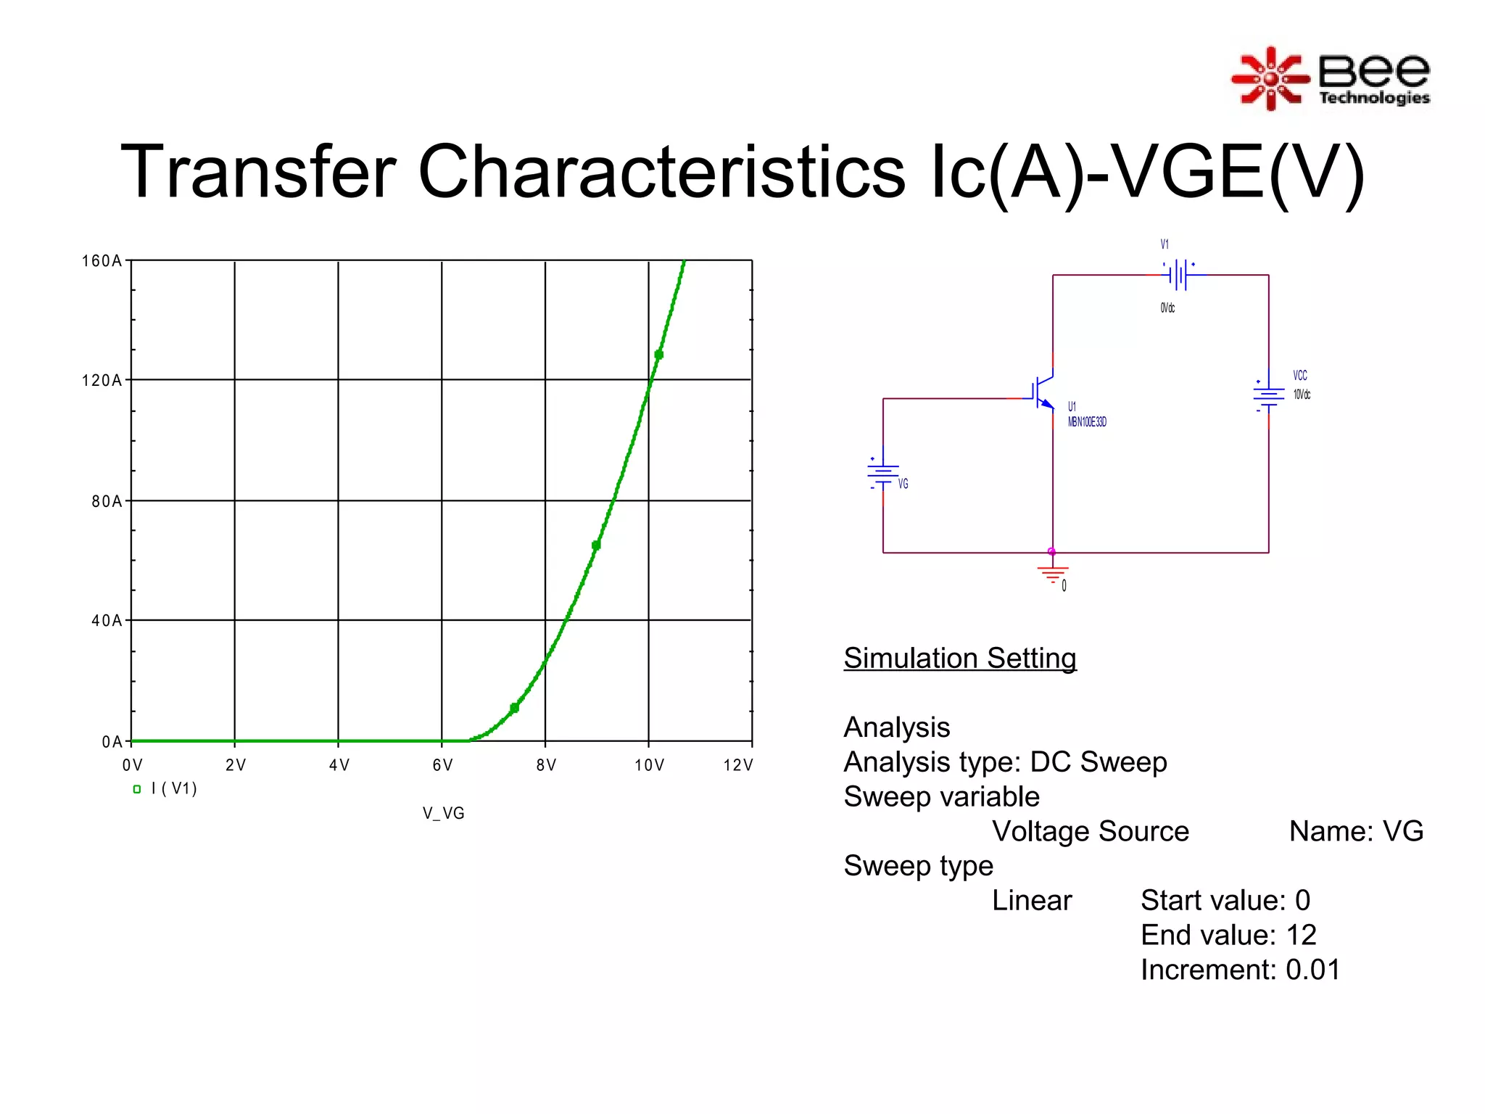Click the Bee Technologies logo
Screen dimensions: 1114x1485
pos(1331,79)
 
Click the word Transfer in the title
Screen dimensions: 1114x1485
pos(258,173)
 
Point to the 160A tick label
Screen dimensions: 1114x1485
pos(102,261)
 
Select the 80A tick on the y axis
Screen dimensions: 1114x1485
pos(107,501)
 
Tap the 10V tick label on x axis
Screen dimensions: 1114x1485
pos(649,765)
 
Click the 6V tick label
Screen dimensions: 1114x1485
pos(442,765)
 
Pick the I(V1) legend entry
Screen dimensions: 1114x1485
pos(165,789)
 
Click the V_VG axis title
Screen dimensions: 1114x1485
pos(443,814)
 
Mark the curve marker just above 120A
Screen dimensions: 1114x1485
pos(658,355)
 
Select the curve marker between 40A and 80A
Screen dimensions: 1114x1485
pos(596,545)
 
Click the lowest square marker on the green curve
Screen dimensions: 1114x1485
pos(514,708)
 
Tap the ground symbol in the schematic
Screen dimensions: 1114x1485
pos(1052,575)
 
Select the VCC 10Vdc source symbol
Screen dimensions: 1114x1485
pos(1268,395)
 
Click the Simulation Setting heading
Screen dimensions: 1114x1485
pos(959,659)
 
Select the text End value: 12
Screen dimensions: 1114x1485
pos(1228,936)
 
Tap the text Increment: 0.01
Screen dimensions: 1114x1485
pos(1240,970)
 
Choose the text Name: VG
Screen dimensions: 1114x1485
pos(1355,831)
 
